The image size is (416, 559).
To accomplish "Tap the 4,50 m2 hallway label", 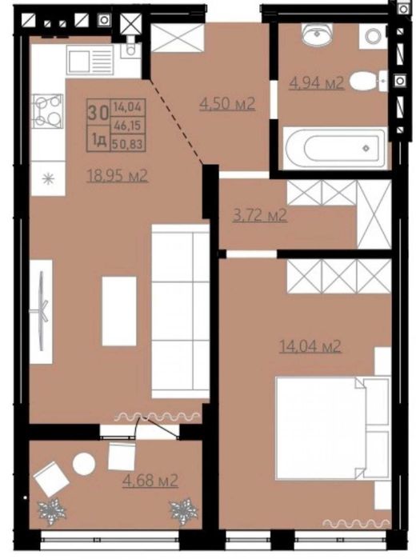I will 227,103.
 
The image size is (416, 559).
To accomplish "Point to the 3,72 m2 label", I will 259,214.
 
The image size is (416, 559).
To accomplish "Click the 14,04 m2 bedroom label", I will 310,346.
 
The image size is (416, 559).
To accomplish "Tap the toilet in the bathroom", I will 369,80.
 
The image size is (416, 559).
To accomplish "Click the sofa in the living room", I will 180,302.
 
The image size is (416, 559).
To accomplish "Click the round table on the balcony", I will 84,462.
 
